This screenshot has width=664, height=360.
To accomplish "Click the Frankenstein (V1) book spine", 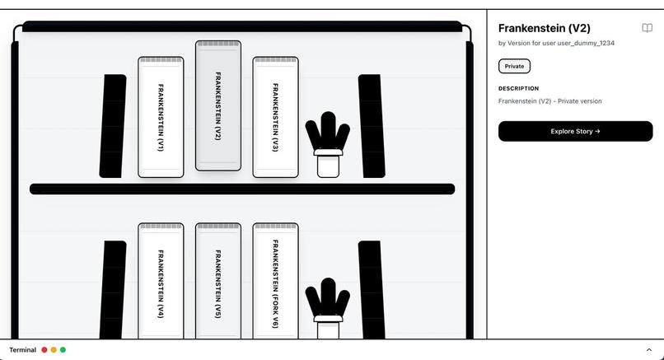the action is (161, 117).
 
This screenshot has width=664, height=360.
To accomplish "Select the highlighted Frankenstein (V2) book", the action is (218, 105).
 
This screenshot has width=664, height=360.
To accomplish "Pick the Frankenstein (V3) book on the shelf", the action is (276, 117).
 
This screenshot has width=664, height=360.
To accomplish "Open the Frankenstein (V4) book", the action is (161, 281).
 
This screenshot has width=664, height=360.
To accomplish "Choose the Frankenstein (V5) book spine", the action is (218, 281).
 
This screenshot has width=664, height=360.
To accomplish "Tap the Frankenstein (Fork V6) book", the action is (276, 281).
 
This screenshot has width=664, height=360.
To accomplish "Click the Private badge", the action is (514, 66).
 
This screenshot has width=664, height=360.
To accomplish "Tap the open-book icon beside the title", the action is (647, 28).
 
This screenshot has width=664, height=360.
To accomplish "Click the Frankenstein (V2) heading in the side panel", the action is (545, 28).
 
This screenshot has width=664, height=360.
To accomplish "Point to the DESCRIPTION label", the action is (519, 88).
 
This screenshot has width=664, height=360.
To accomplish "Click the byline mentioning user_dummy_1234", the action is (556, 43).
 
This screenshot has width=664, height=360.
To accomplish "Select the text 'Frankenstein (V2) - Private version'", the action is (550, 101).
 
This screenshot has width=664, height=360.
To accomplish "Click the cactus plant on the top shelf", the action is (328, 144).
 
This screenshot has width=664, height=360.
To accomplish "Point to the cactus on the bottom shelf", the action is (328, 308).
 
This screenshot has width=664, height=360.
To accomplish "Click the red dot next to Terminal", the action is (44, 350).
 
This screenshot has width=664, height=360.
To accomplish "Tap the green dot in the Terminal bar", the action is (63, 350).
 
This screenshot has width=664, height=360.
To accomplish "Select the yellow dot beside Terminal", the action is (54, 350).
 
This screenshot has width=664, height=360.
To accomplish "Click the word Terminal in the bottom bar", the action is (22, 350).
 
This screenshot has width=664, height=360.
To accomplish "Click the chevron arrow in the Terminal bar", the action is (648, 350).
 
